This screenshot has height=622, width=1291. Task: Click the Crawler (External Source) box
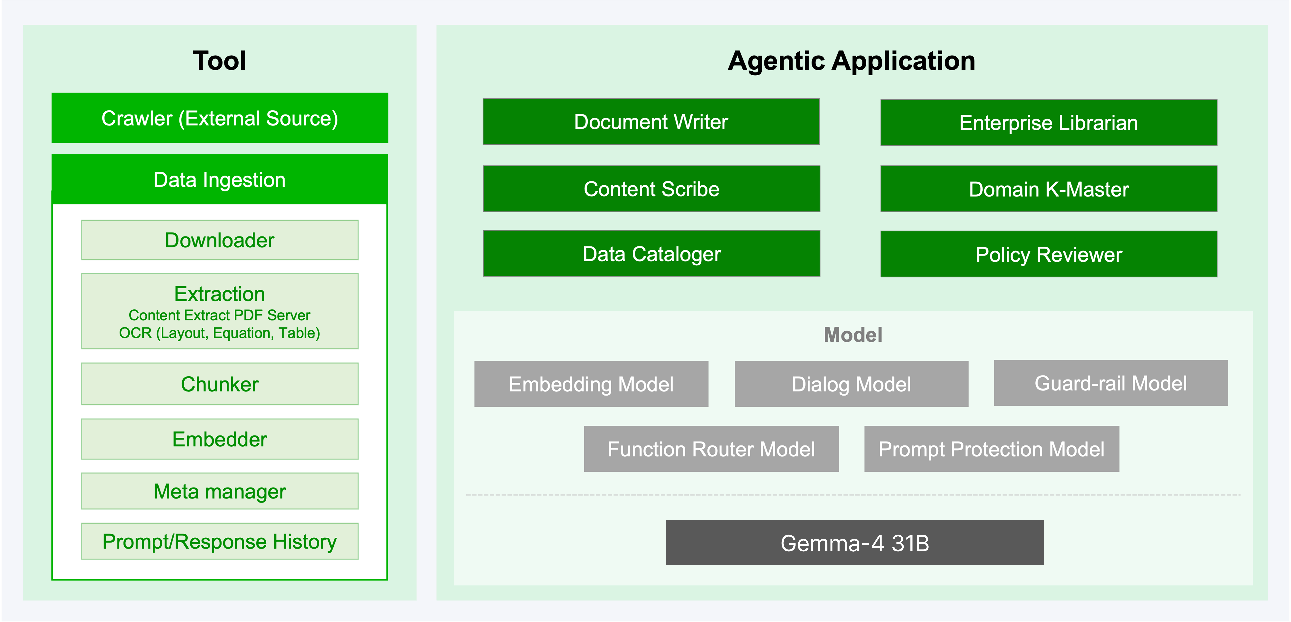pyautogui.click(x=219, y=118)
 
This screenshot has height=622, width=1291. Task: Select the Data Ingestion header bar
pyautogui.click(x=219, y=179)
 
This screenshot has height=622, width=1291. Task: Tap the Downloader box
pyautogui.click(x=219, y=240)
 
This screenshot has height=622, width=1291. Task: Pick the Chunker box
pyautogui.click(x=219, y=384)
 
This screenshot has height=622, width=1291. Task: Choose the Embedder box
pyautogui.click(x=219, y=439)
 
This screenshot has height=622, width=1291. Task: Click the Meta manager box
pyautogui.click(x=219, y=491)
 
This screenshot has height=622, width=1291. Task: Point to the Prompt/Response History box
pyautogui.click(x=219, y=541)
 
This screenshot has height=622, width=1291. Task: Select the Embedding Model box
pyautogui.click(x=591, y=384)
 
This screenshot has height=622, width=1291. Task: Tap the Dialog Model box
pyautogui.click(x=851, y=384)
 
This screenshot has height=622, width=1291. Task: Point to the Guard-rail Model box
pyautogui.click(x=1111, y=383)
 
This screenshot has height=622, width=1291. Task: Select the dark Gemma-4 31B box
pyautogui.click(x=855, y=543)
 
